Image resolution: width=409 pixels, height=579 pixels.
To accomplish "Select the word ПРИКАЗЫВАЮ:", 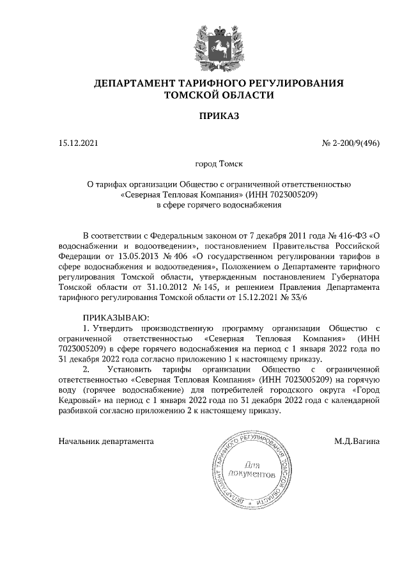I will point(116,318).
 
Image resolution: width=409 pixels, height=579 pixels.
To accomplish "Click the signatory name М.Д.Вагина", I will point(357,441).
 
